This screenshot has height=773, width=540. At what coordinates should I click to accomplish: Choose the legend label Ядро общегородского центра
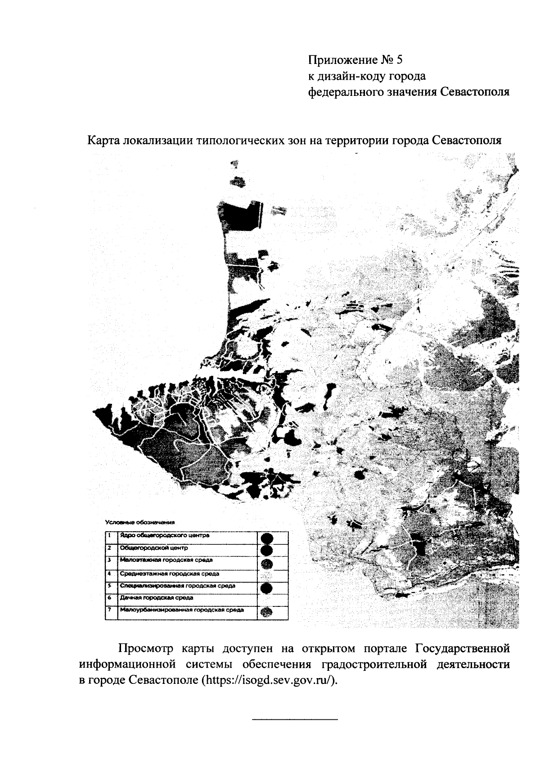click(x=165, y=536)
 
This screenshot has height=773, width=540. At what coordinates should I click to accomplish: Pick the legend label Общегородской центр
click(x=153, y=548)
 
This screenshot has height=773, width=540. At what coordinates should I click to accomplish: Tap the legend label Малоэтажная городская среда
click(x=166, y=560)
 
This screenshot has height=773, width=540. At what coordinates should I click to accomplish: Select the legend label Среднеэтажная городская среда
click(x=170, y=574)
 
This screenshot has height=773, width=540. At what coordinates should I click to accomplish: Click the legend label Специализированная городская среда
click(x=177, y=586)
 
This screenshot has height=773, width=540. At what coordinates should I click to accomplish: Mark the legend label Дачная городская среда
click(x=157, y=598)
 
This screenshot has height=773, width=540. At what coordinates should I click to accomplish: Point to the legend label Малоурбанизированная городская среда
click(x=182, y=610)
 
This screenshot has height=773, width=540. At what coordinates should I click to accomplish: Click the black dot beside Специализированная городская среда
click(x=267, y=588)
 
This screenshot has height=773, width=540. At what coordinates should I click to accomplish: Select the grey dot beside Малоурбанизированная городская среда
click(x=267, y=612)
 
